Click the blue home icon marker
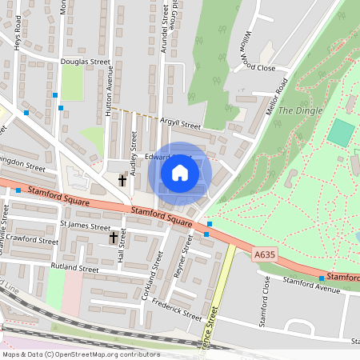[x=180, y=172]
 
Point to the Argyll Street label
[x=179, y=125]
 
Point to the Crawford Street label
[x=33, y=240]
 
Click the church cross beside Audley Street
[x=122, y=181]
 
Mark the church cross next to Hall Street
[x=113, y=238]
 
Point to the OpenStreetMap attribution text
[x=80, y=354]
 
